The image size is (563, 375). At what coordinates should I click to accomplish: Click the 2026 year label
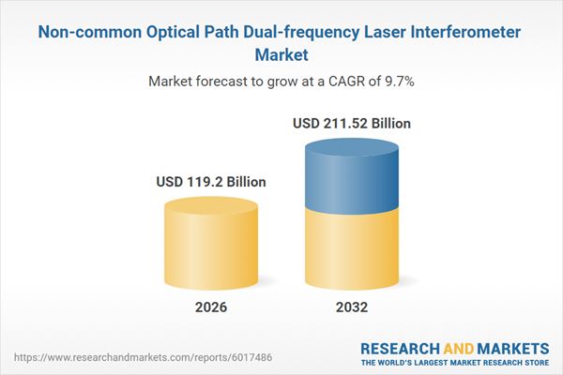point(211,307)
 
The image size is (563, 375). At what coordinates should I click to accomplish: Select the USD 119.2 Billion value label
point(211,181)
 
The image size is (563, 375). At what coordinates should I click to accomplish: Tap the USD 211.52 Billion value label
point(351,123)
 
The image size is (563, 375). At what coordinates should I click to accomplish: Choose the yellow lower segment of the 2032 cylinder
point(351,248)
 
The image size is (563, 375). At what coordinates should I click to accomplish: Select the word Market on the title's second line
point(281,55)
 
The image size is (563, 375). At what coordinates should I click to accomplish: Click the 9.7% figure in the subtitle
point(397,82)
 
